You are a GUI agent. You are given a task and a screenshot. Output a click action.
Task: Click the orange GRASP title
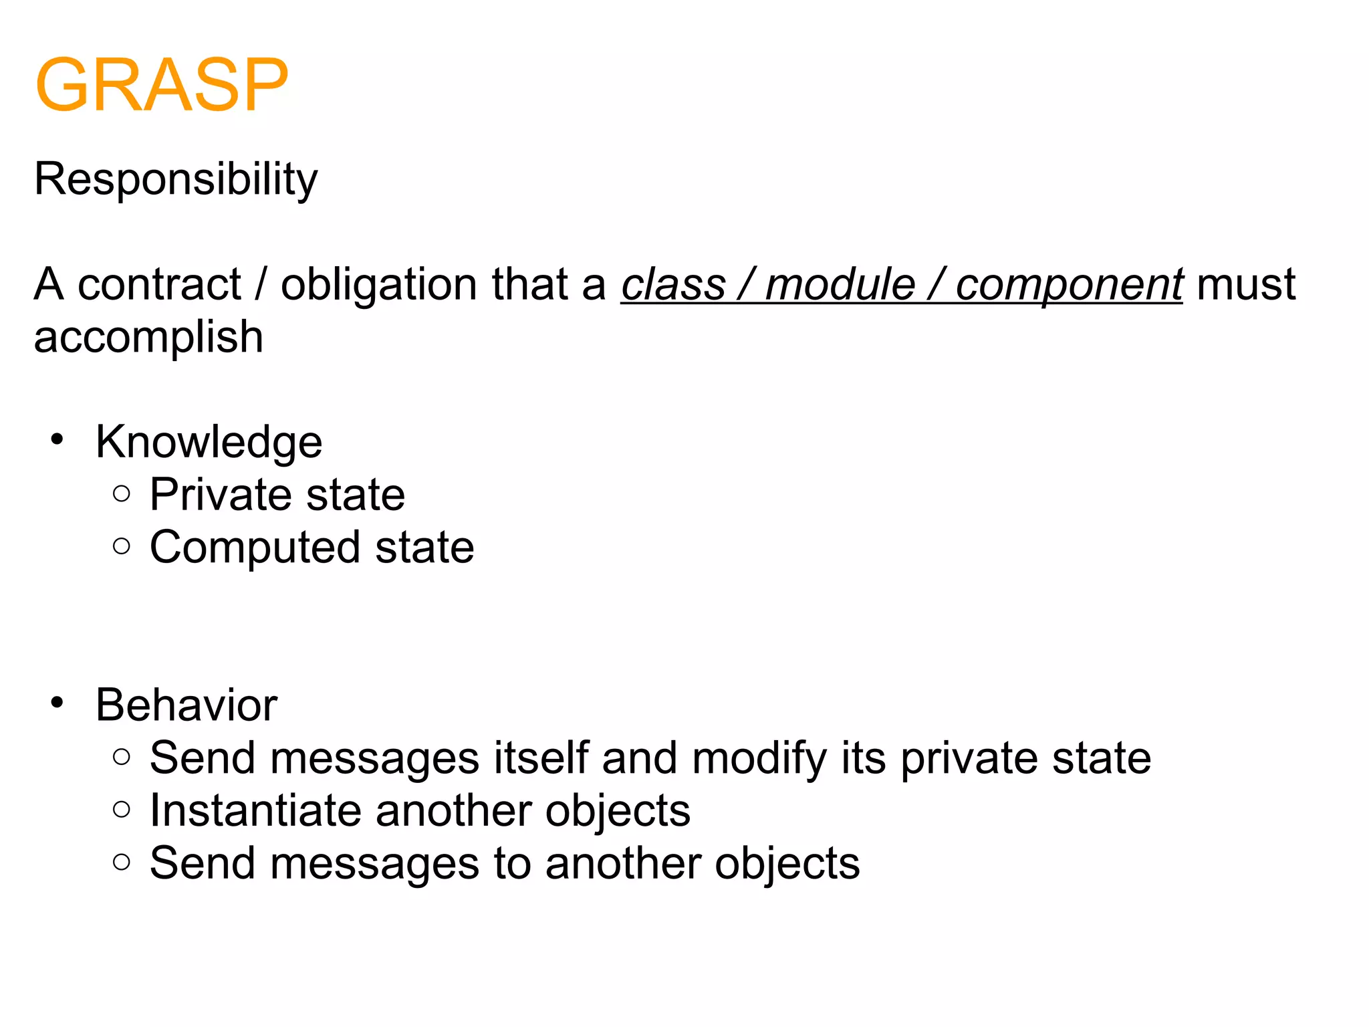click(x=161, y=85)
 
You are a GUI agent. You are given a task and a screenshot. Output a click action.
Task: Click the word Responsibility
click(x=176, y=179)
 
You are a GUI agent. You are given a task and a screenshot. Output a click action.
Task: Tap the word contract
click(x=159, y=284)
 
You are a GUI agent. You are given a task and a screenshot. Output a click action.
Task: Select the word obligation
click(x=379, y=284)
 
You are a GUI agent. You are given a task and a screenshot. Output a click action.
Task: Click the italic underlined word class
click(x=672, y=284)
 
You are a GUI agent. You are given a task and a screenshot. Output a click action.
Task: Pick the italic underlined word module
click(x=840, y=284)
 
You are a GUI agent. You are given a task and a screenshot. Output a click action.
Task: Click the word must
click(x=1246, y=284)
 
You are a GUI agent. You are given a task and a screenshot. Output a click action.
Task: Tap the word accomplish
click(x=148, y=337)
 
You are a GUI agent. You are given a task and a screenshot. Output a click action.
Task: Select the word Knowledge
click(x=209, y=442)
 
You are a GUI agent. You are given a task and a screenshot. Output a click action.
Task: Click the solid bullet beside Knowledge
click(x=57, y=440)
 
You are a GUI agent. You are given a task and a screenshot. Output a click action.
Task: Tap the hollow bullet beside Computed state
click(x=122, y=546)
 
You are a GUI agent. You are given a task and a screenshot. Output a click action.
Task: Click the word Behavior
click(x=186, y=705)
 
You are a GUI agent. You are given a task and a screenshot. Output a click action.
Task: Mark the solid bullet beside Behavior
click(x=57, y=703)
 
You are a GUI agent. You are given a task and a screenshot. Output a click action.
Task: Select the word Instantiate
click(x=255, y=810)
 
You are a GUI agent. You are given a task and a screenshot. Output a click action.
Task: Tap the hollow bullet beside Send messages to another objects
click(x=122, y=862)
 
